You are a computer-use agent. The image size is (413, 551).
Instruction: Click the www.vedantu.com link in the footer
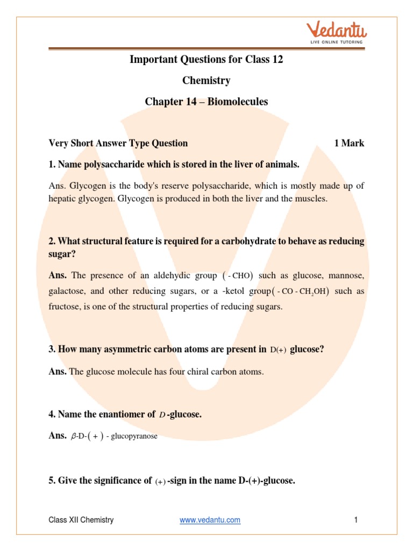(x=210, y=520)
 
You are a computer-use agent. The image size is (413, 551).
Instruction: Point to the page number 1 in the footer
(x=356, y=520)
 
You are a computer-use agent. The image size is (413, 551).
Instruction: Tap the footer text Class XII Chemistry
(x=81, y=520)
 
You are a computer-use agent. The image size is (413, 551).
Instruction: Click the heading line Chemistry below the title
(x=206, y=80)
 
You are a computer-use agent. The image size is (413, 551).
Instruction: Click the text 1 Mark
(x=349, y=143)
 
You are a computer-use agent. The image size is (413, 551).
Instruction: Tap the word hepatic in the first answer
(x=62, y=199)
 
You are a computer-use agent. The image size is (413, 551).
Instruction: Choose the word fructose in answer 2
(x=64, y=307)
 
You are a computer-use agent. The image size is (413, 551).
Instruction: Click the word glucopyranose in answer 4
(x=136, y=436)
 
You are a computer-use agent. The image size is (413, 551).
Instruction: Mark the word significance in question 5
(x=121, y=481)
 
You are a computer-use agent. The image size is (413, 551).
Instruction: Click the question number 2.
(x=52, y=241)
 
